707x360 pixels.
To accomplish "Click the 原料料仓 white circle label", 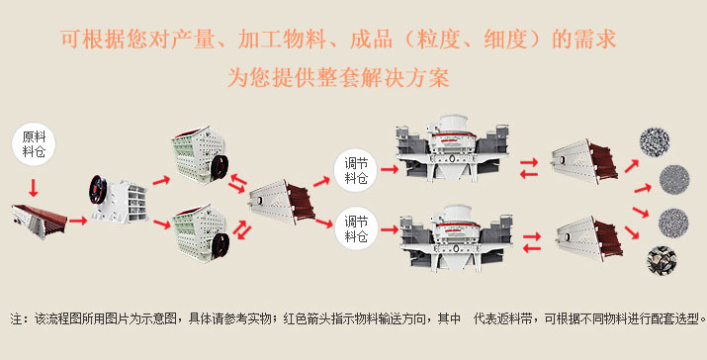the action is point(34,144).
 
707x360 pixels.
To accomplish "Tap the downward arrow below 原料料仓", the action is point(33,188).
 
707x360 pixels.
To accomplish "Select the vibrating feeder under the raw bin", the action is point(40,222).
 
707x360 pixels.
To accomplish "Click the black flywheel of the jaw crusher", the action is point(97,190).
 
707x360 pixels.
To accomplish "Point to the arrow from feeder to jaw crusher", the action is point(77,221).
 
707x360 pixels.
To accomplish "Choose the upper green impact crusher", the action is point(199,154).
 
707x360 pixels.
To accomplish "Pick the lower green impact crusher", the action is point(200,232).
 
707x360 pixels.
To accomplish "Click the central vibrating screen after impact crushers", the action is point(282,202).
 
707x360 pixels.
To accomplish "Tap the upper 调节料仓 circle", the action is point(356,170).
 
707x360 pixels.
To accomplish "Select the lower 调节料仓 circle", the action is point(356,228).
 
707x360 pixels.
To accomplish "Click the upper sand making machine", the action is point(452,148).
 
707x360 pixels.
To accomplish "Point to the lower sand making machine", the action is point(456,238).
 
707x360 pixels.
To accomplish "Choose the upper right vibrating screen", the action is point(584,161).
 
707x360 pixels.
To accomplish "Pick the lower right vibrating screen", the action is point(589,238).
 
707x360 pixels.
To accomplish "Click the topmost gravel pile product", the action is point(655,142).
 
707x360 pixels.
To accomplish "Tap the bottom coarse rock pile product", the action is point(662,260).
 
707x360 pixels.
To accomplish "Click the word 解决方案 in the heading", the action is point(404,77).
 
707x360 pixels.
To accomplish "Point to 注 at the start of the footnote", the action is point(16,318).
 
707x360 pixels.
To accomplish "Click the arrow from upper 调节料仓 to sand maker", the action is point(390,170).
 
